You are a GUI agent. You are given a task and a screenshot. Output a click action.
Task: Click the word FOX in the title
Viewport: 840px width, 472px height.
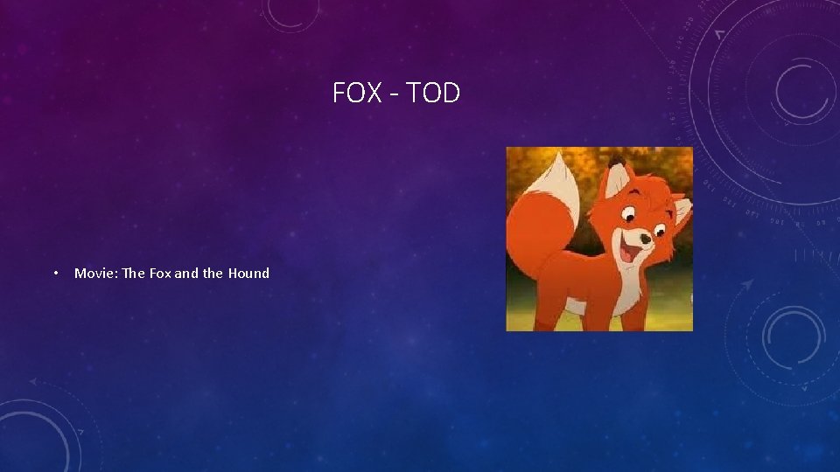coord(357,93)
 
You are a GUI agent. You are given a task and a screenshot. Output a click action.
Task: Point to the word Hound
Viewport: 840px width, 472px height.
coord(248,274)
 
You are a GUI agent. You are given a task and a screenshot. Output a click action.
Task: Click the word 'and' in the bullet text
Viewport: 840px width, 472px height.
coord(187,274)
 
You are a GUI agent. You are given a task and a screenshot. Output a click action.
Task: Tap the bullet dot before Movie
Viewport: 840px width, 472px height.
coord(55,274)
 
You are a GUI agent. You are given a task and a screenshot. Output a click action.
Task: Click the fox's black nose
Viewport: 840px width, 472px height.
coord(645,238)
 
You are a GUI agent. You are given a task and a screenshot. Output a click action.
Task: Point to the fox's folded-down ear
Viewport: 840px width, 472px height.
coord(681,210)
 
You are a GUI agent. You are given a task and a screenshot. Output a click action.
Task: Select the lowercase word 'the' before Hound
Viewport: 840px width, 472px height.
coord(213,274)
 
